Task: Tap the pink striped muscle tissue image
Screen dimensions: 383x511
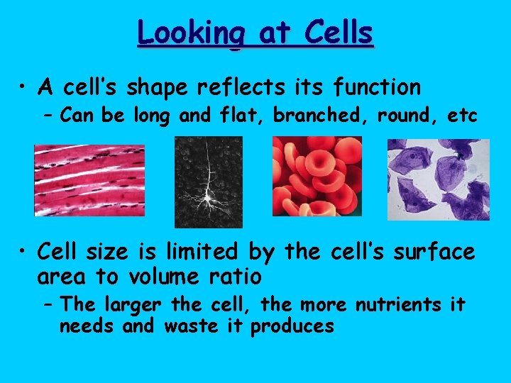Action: (89, 180)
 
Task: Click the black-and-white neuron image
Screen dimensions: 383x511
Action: (209, 182)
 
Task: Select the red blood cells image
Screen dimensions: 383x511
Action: (317, 176)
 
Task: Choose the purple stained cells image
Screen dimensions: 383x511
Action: (438, 179)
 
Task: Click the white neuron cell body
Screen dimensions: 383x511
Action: (209, 192)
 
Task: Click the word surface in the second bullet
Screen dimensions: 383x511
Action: (430, 252)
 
